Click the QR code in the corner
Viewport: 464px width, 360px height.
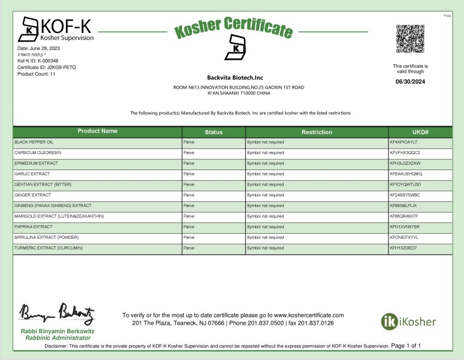tap(410, 39)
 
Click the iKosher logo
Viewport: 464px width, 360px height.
tap(408, 322)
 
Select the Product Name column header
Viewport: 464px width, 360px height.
tap(97, 131)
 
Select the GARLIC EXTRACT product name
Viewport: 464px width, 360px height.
tap(32, 174)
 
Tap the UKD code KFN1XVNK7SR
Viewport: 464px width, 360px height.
tap(404, 227)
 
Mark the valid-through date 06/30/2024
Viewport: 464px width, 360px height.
tap(410, 81)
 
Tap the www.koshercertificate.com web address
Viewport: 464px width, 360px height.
tap(309, 315)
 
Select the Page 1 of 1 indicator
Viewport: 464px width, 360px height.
tap(406, 345)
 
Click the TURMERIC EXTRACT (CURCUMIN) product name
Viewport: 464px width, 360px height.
tap(48, 249)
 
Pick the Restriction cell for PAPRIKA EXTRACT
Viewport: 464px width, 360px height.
tap(265, 227)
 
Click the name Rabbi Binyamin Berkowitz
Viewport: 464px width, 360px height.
tap(57, 331)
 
